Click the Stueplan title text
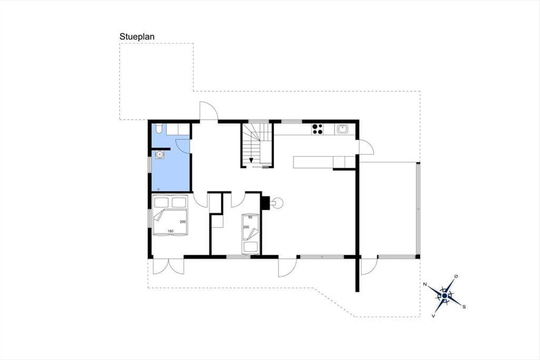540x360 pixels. coord(137,37)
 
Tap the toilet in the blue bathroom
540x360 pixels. coord(159,129)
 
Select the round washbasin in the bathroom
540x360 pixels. coord(159,154)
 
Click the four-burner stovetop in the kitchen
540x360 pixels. coord(318,129)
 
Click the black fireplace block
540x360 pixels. coord(265,203)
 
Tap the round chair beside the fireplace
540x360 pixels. coord(278,203)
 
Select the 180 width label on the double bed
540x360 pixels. coord(171,231)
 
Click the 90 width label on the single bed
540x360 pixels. coord(250,217)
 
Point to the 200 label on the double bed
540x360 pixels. coord(183,222)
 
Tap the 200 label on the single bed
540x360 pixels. coord(246,227)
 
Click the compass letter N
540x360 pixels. coord(425,284)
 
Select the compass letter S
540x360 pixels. coord(464,307)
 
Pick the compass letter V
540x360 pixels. coord(433,316)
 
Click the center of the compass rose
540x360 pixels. coord(445,296)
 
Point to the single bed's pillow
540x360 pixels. coord(251,247)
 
